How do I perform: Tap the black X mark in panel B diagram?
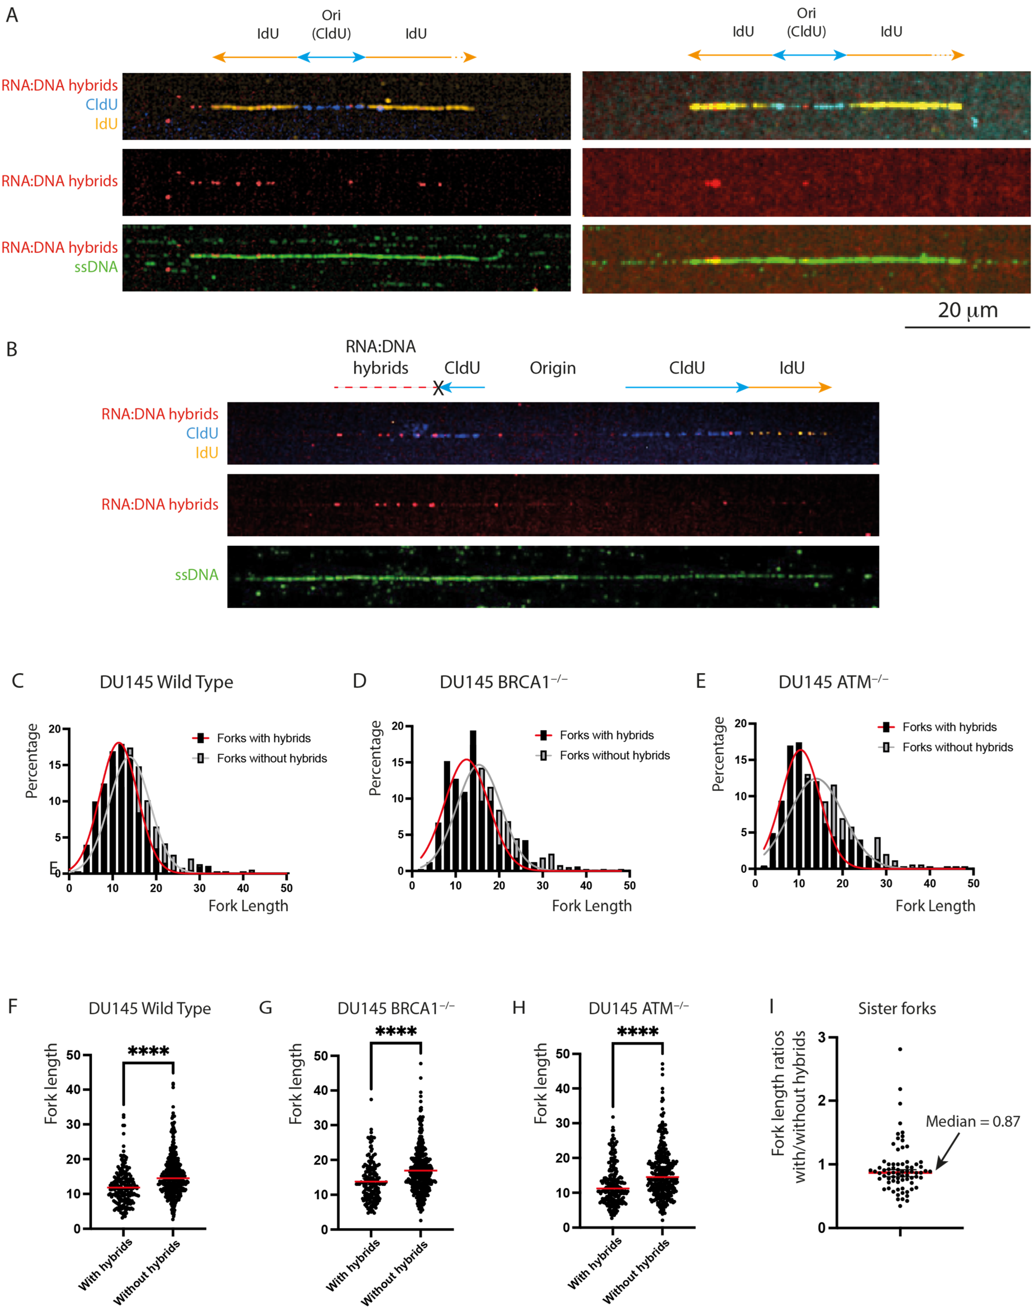438,388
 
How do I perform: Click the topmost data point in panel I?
900,1049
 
